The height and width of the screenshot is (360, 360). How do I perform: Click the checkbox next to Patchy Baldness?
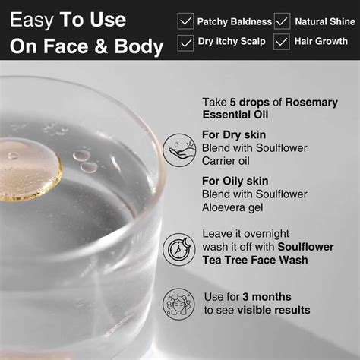coord(185,21)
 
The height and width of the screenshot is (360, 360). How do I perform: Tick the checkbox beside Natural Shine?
coord(282,21)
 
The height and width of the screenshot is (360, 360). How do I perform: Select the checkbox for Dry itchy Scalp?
coord(185,43)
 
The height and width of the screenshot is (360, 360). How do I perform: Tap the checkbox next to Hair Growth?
coord(282,42)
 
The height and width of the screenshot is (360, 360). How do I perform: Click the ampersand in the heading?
coord(101,46)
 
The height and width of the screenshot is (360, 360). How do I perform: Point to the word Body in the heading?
coord(139,46)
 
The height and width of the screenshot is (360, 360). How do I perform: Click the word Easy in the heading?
coord(32,21)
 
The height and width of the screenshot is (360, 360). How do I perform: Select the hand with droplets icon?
coord(179,150)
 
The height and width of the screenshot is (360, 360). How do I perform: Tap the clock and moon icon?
coord(179,249)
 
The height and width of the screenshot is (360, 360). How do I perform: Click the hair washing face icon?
coord(178,304)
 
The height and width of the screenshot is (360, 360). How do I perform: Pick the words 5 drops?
coord(250,103)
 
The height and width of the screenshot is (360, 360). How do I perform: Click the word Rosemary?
coord(311,103)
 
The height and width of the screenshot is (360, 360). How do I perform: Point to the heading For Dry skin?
coord(234,134)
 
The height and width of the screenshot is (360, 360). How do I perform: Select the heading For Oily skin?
coord(235,181)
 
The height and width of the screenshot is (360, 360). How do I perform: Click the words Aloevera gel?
coord(232,207)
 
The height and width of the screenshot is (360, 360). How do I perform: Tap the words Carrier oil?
coord(226,161)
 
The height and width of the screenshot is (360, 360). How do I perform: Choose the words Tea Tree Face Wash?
coord(255,260)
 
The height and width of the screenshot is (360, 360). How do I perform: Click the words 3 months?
coord(267,297)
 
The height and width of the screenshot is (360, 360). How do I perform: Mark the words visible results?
coord(273,310)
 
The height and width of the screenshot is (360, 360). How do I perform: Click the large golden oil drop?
coord(29,169)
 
